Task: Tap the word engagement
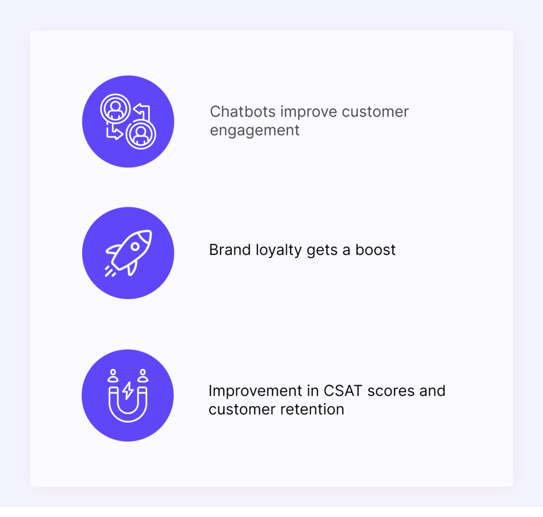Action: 255,130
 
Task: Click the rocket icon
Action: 128,252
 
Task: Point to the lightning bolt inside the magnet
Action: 128,391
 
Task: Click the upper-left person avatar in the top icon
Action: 115,108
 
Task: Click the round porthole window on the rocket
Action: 135,247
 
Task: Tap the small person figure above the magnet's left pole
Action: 113,375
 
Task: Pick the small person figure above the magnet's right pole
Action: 143,375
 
